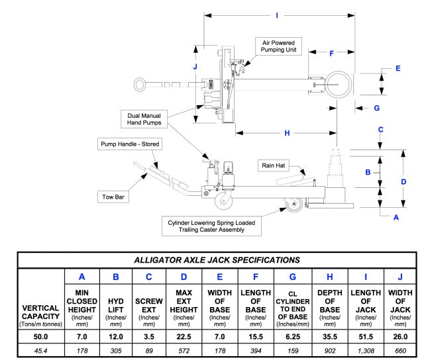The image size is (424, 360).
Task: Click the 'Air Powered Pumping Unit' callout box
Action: pyautogui.click(x=278, y=46)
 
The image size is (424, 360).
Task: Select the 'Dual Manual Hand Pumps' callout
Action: pyautogui.click(x=144, y=119)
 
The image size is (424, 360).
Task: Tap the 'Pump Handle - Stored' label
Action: pyautogui.click(x=130, y=144)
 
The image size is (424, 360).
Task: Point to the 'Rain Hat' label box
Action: pyautogui.click(x=274, y=165)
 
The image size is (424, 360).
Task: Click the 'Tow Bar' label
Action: pyautogui.click(x=113, y=197)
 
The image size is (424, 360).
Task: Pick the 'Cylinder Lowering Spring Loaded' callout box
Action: pyautogui.click(x=211, y=226)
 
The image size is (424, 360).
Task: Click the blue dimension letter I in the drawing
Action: pyautogui.click(x=277, y=16)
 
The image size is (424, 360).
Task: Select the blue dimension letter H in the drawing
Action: pyautogui.click(x=287, y=133)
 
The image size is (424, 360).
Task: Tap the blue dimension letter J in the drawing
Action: pyautogui.click(x=195, y=66)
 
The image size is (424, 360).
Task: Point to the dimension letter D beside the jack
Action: pyautogui.click(x=403, y=182)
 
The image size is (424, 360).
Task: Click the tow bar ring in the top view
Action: pyautogui.click(x=140, y=85)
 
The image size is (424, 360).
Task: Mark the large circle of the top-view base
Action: pyautogui.click(x=339, y=85)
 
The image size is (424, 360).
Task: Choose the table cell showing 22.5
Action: pyautogui.click(x=184, y=337)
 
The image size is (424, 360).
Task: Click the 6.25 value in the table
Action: pyautogui.click(x=293, y=337)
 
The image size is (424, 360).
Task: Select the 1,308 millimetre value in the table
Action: pyautogui.click(x=366, y=351)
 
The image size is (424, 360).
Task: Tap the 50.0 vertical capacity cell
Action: pyautogui.click(x=40, y=337)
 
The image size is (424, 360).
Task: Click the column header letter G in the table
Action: pyautogui.click(x=293, y=277)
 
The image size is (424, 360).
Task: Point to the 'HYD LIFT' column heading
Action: pyautogui.click(x=116, y=306)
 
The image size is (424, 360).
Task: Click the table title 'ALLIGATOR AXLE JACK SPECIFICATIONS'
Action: pyautogui.click(x=217, y=260)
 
